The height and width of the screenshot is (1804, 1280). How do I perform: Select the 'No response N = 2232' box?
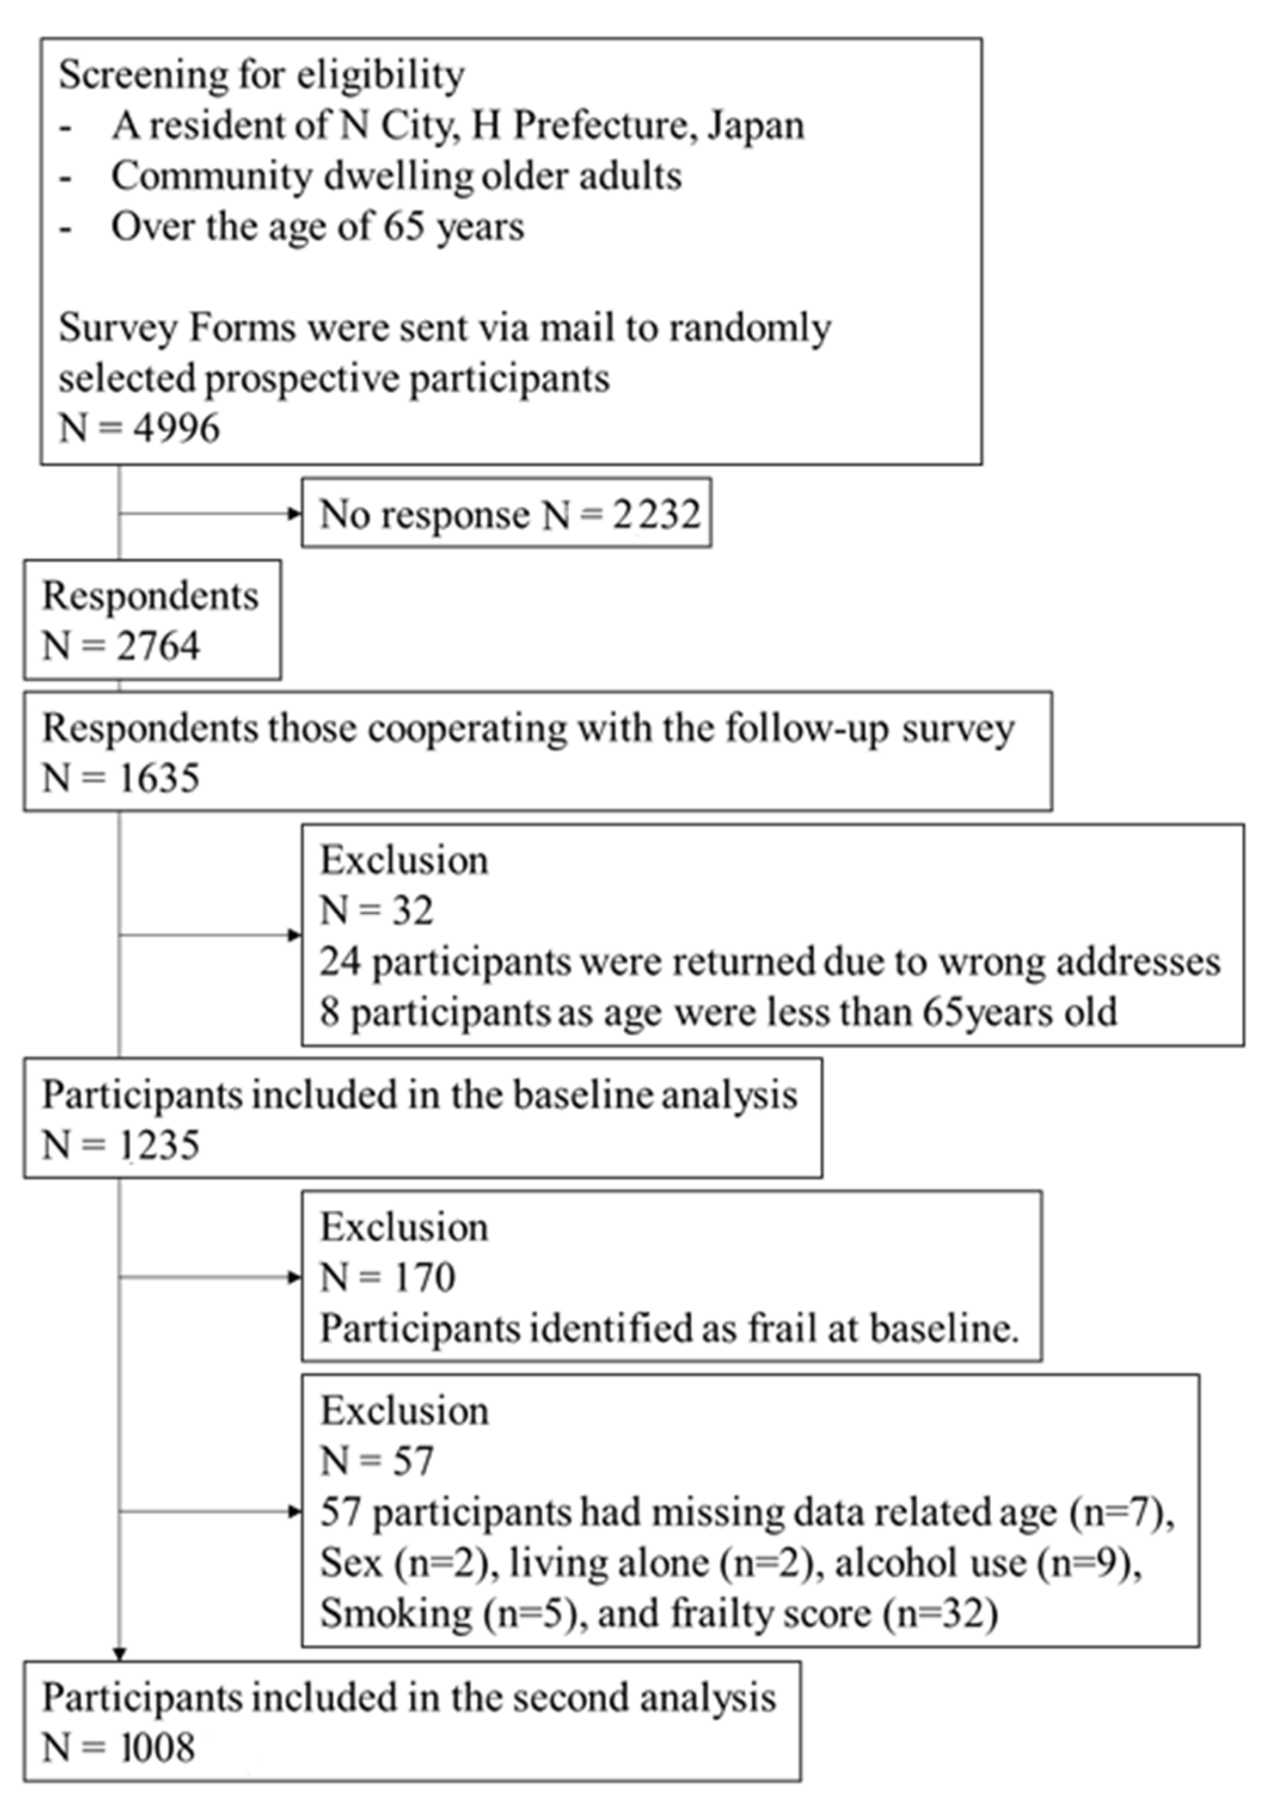[506, 514]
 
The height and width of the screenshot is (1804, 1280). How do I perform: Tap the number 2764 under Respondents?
[158, 646]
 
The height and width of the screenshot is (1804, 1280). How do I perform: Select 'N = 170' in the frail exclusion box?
[387, 1278]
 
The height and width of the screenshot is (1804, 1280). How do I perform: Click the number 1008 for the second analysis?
[158, 1748]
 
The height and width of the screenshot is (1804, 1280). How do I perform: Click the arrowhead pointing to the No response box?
[296, 514]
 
